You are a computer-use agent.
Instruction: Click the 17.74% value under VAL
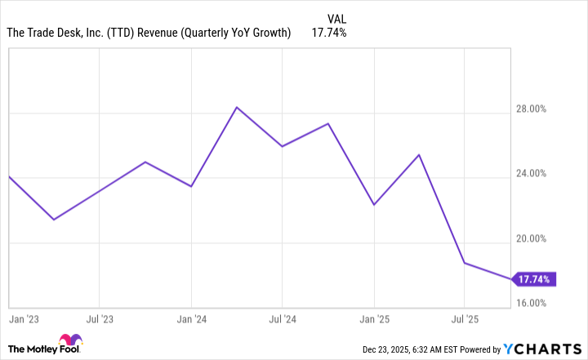coord(329,33)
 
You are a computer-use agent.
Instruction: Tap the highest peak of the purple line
coord(236,107)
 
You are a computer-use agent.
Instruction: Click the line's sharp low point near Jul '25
coord(465,263)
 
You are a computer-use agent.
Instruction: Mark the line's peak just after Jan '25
coord(419,155)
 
